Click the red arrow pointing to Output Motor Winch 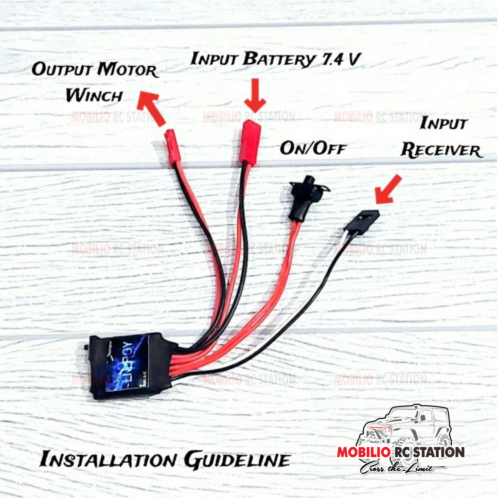(151, 107)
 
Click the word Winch (94, 95)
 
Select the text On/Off (312, 147)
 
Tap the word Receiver (441, 150)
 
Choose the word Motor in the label (128, 70)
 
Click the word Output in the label (63, 70)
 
